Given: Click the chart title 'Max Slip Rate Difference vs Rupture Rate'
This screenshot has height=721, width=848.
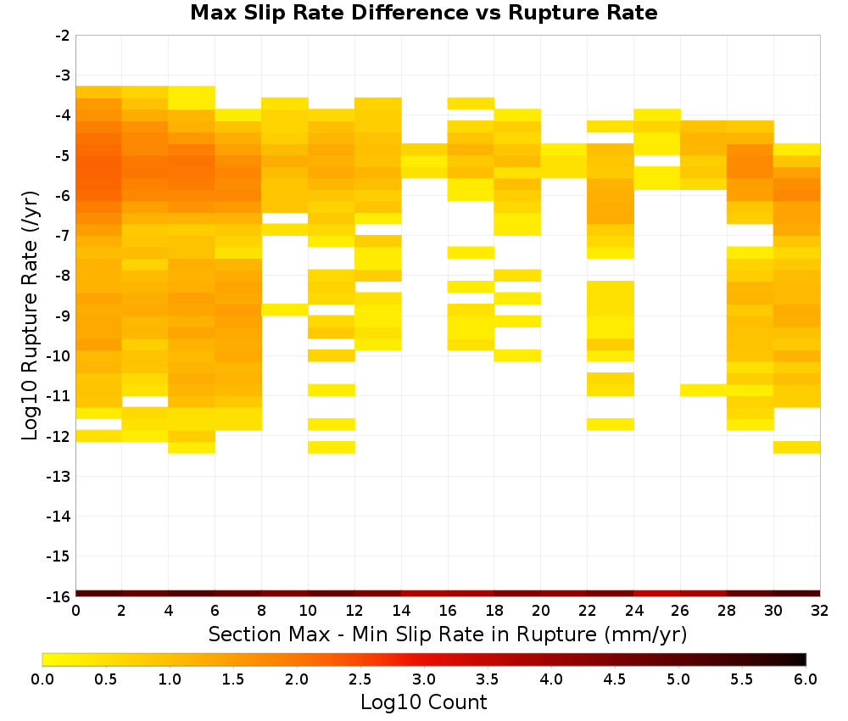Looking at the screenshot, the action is click(x=423, y=13).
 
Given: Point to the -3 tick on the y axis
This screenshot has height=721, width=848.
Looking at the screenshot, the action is click(x=64, y=75).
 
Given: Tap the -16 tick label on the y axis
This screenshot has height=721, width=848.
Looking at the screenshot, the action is click(x=59, y=596).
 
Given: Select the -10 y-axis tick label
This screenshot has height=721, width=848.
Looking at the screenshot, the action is click(x=59, y=356).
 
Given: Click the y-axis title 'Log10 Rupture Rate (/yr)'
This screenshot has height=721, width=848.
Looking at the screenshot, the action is click(x=30, y=316).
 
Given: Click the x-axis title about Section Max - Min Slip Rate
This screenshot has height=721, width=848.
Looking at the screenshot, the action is click(x=447, y=634).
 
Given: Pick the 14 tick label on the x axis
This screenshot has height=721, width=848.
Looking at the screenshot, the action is click(x=401, y=611).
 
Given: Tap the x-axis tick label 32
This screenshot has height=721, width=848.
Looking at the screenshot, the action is click(x=820, y=611).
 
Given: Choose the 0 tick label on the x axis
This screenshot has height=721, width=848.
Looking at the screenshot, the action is click(x=75, y=611).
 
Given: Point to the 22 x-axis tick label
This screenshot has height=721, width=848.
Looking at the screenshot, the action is click(x=588, y=611).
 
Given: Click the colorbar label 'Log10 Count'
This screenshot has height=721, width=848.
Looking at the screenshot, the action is click(x=423, y=702).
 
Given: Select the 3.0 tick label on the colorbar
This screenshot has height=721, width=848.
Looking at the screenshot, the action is click(x=424, y=679).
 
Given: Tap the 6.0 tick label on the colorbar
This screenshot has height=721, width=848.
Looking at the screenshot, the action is click(x=806, y=679).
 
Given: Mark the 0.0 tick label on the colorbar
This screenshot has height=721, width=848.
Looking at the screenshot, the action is click(x=42, y=679).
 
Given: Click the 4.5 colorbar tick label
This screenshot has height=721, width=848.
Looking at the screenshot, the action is click(x=615, y=679).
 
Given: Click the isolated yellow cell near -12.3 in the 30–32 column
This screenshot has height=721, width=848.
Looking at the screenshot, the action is click(x=796, y=447).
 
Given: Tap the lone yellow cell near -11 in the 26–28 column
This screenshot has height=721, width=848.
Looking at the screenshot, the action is click(x=703, y=389).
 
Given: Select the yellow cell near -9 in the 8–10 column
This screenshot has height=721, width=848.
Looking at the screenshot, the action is click(x=285, y=310).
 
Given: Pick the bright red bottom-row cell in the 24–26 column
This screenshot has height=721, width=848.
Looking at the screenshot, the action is click(x=656, y=594).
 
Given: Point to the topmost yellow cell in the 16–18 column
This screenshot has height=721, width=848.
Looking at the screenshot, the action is click(x=471, y=103).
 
